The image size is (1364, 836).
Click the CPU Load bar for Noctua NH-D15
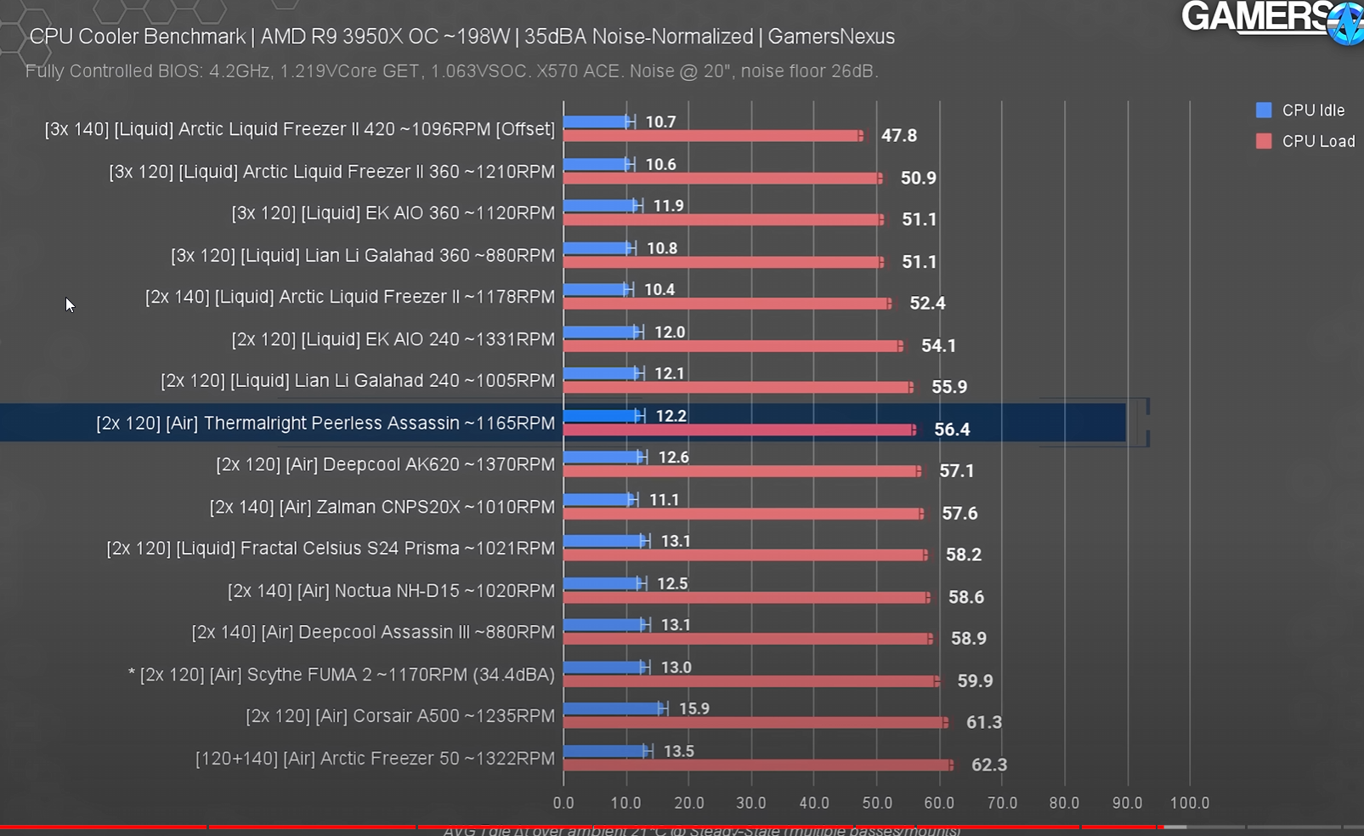(746, 597)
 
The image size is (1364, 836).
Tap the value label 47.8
(898, 136)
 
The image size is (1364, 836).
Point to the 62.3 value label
(988, 765)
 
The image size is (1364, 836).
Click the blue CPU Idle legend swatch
(1264, 111)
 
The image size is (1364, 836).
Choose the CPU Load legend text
(1318, 142)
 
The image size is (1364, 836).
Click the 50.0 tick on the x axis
(876, 803)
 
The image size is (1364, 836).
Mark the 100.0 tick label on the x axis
(1189, 803)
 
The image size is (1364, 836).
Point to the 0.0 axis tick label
(563, 803)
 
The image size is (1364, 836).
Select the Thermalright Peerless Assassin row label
(325, 424)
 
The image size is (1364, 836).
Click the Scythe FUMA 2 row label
(341, 675)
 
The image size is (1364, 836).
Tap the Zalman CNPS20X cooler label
(382, 508)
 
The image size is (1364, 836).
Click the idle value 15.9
(693, 709)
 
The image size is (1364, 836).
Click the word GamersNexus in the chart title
(831, 37)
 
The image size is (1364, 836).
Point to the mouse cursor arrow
(69, 304)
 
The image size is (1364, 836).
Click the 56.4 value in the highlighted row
(952, 430)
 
